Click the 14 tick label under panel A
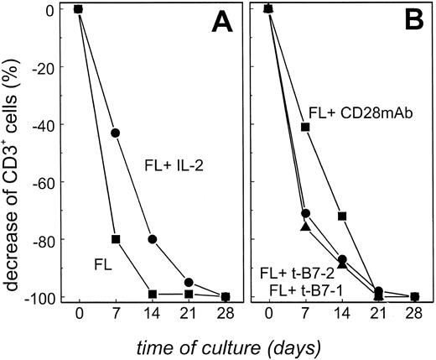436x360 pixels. pyautogui.click(x=152, y=319)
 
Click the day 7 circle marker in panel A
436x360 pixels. pyautogui.click(x=115, y=133)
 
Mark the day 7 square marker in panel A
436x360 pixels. pyautogui.click(x=115, y=239)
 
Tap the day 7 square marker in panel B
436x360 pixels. pyautogui.click(x=305, y=127)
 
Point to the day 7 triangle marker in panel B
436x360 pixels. pyautogui.click(x=305, y=227)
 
